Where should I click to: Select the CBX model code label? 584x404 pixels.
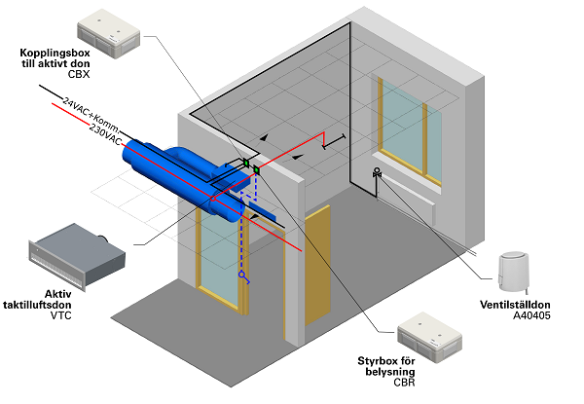[x=79, y=74]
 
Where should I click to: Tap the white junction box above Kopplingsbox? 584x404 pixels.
[x=108, y=33]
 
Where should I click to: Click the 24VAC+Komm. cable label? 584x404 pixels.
[x=91, y=115]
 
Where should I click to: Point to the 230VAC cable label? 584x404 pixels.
[x=105, y=134]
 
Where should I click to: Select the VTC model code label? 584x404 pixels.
[x=60, y=315]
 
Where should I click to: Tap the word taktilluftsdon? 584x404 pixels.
[x=37, y=305]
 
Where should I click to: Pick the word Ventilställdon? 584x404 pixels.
[x=515, y=305]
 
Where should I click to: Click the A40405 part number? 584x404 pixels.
[x=531, y=315]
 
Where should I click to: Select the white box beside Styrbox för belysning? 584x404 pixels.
[x=430, y=337]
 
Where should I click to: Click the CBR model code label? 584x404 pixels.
[x=404, y=382]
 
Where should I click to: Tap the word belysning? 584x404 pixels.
[x=390, y=372]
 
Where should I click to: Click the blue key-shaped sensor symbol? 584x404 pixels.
[x=244, y=277]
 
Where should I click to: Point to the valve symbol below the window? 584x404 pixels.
[x=377, y=172]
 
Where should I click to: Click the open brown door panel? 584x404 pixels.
[x=317, y=266]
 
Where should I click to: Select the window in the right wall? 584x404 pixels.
[x=410, y=130]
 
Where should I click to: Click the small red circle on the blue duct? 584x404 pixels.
[x=213, y=199]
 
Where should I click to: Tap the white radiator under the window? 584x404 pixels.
[x=406, y=198]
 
